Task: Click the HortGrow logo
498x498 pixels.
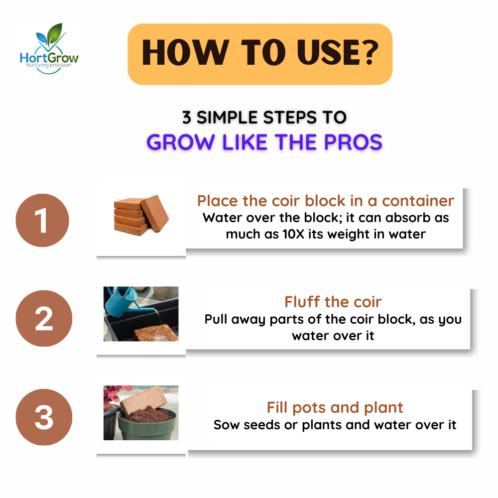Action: click(49, 49)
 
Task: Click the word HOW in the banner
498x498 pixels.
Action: click(185, 53)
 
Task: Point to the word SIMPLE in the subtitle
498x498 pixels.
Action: click(227, 118)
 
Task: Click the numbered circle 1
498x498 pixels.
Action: click(42, 220)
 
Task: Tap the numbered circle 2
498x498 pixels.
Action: click(44, 318)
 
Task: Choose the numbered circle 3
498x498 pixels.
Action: click(44, 417)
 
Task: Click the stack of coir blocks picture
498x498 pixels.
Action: click(141, 215)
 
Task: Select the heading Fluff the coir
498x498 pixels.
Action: click(333, 302)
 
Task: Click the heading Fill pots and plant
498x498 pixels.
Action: click(335, 408)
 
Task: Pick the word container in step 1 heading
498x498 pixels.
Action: click(418, 201)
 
